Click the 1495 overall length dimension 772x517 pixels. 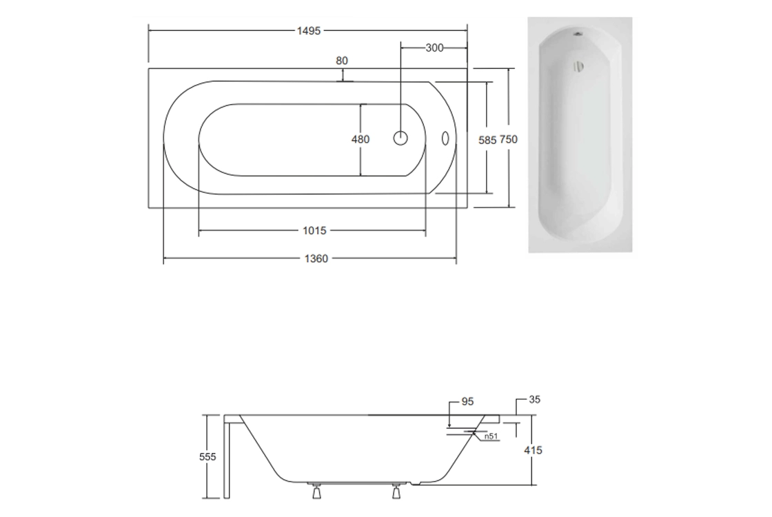309,31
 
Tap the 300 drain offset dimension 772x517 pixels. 434,48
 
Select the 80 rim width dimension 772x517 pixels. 342,61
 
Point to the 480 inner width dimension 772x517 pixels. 360,139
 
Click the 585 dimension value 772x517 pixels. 487,141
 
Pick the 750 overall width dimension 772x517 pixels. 509,139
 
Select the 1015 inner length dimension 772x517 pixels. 314,230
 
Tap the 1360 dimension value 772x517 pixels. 316,258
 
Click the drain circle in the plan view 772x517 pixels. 400,139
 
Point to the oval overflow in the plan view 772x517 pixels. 445,139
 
